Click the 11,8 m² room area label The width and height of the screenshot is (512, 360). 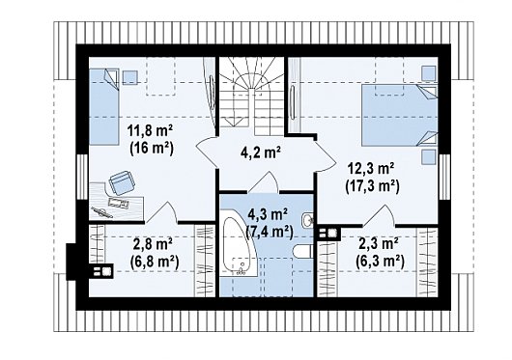[151, 133]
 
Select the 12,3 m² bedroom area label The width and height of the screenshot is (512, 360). [372, 170]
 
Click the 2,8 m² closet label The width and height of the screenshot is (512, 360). [154, 244]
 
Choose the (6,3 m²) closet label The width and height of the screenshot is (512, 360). [380, 262]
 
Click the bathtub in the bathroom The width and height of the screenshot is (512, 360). [237, 246]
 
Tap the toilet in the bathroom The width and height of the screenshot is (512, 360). [303, 252]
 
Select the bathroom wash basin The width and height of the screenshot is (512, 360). [307, 220]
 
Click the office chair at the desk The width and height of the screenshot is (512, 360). [122, 182]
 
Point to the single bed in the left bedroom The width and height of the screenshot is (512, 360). [103, 106]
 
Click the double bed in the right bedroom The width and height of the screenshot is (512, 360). [399, 115]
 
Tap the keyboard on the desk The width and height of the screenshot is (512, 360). [118, 202]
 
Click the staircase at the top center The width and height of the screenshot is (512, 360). [251, 97]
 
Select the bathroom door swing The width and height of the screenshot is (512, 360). [264, 181]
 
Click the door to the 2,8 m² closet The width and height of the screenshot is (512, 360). [161, 212]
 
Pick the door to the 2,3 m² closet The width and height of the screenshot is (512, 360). [379, 215]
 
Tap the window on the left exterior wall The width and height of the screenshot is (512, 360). [82, 177]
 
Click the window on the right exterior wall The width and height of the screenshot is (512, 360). [444, 177]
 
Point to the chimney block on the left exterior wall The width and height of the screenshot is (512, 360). [71, 262]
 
